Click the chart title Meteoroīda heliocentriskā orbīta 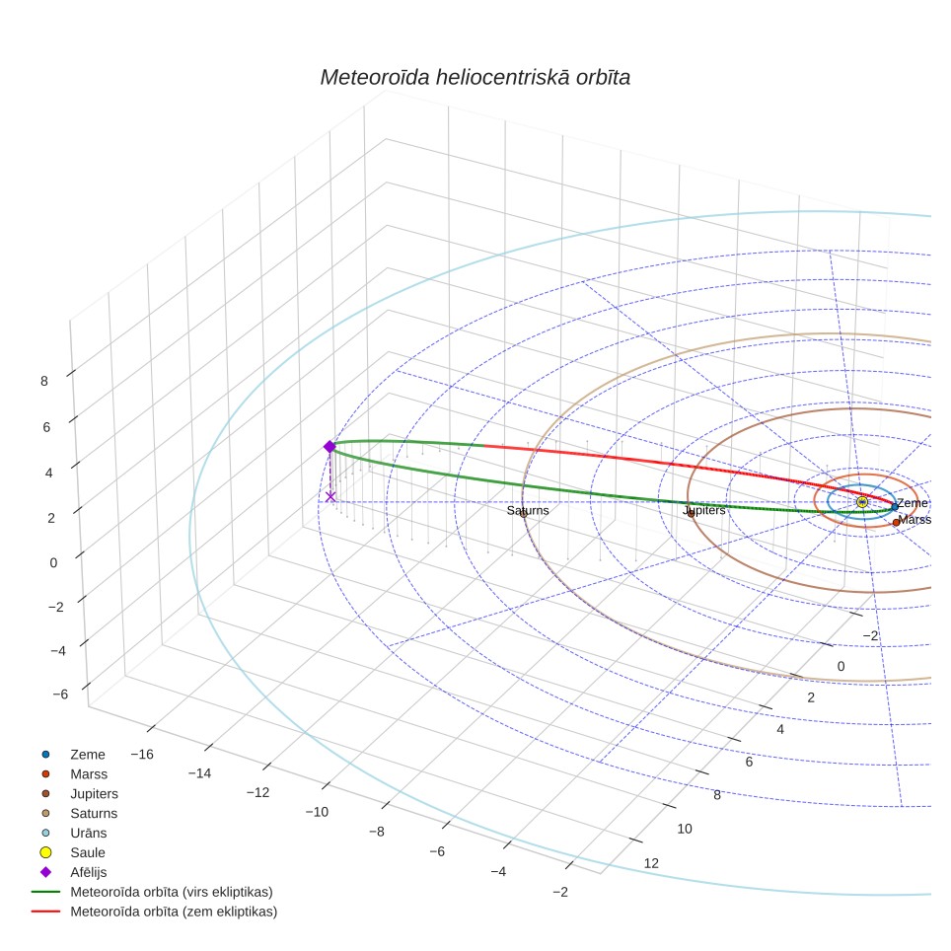[x=475, y=77]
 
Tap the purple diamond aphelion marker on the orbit [x=329, y=446]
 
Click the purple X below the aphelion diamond [x=330, y=497]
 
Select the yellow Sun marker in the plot [x=862, y=501]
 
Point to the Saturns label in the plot [x=528, y=511]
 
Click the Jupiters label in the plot [x=704, y=510]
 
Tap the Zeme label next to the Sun [x=913, y=503]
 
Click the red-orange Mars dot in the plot [x=896, y=522]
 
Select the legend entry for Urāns [x=89, y=833]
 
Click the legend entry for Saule [x=88, y=852]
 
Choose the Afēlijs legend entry [x=89, y=872]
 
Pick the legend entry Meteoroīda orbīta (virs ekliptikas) [x=172, y=892]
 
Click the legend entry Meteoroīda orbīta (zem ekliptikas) [x=174, y=911]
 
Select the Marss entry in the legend [x=89, y=773]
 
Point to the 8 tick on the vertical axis [x=44, y=381]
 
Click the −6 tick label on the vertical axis [x=60, y=694]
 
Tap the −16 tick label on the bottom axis [x=142, y=754]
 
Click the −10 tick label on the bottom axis [x=317, y=812]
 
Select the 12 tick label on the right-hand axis [x=651, y=863]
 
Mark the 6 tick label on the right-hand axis [x=749, y=762]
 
